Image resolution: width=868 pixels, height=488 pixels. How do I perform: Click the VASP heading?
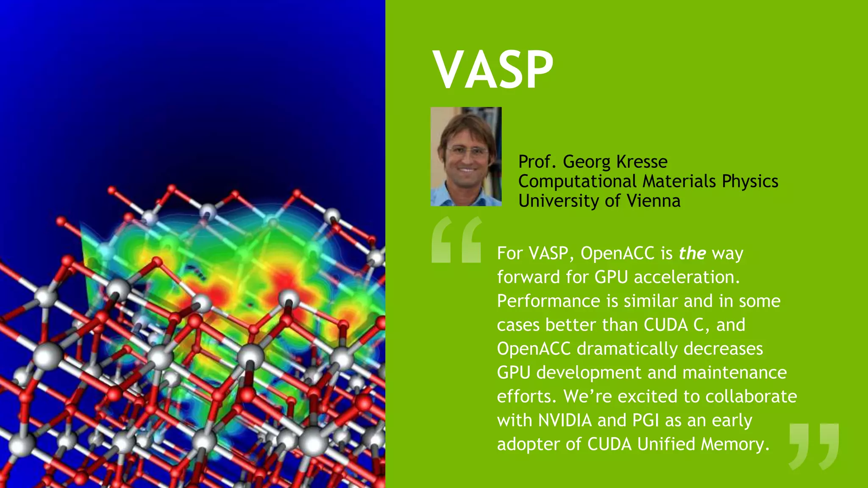coord(493,69)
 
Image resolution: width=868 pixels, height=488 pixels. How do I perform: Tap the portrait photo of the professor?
coord(466,157)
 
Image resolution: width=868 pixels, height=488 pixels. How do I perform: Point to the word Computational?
coord(577,181)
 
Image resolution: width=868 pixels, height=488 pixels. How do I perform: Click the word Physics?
coord(750,181)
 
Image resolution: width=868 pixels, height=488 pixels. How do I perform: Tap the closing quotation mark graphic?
coord(814,446)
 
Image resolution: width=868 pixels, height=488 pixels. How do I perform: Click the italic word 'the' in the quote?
coord(692,253)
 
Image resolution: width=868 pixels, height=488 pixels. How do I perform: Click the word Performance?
coord(548,301)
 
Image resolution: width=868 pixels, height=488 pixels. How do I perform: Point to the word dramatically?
coord(627,349)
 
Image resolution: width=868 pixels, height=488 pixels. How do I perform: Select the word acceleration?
coord(687,277)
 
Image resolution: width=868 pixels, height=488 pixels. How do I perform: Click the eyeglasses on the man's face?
coord(467,150)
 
